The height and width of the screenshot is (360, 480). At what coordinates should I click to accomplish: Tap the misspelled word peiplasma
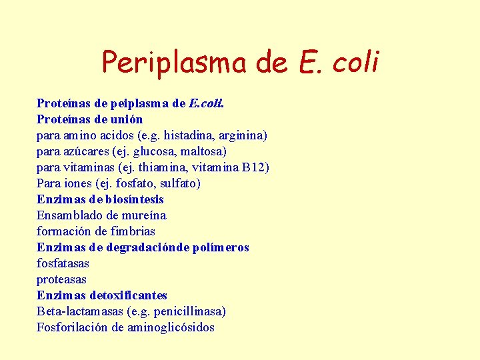click(x=132, y=103)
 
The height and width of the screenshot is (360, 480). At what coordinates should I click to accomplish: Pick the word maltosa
click(x=203, y=151)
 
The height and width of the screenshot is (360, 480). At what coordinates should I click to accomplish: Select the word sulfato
click(x=179, y=183)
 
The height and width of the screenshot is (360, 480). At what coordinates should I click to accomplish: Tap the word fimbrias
click(x=133, y=231)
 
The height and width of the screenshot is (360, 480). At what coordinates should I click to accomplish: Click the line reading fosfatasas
click(x=62, y=263)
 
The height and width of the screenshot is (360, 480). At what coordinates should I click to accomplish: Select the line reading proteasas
click(x=61, y=279)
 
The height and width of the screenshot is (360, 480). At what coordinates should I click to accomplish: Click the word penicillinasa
click(x=190, y=311)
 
